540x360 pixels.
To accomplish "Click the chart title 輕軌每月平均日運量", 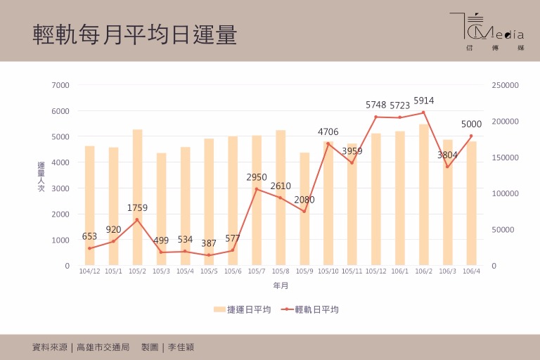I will pyautogui.click(x=135, y=34).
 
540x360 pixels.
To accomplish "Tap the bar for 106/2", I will pyautogui.click(x=423, y=195).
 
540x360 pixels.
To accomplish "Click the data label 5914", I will pyautogui.click(x=424, y=101).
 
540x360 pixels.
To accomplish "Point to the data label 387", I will pyautogui.click(x=209, y=243).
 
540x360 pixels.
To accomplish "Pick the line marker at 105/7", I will pyautogui.click(x=257, y=189).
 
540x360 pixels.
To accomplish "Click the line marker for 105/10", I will pyautogui.click(x=328, y=144).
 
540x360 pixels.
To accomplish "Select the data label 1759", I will pyautogui.click(x=138, y=208).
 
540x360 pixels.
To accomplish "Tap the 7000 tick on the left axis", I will pyautogui.click(x=60, y=85).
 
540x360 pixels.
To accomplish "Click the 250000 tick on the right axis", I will pyautogui.click(x=504, y=85).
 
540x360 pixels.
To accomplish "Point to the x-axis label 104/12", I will pyautogui.click(x=89, y=271).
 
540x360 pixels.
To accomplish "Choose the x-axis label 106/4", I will pyautogui.click(x=471, y=271).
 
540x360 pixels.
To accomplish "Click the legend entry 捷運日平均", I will pyautogui.click(x=243, y=309).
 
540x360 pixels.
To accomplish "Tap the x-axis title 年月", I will pyautogui.click(x=281, y=286).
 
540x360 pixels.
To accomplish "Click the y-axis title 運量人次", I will pyautogui.click(x=41, y=176).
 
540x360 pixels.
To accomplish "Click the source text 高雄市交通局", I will pyautogui.click(x=104, y=347).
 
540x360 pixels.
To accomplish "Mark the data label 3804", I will pyautogui.click(x=447, y=155).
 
